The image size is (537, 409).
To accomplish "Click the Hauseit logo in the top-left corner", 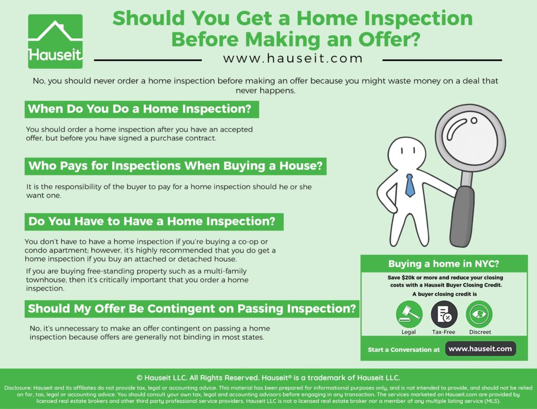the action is [x=55, y=41].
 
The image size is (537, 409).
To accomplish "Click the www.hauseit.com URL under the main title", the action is [x=293, y=58].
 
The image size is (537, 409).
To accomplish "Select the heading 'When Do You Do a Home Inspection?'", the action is [x=139, y=109].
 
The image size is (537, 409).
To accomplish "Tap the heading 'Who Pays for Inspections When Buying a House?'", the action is [x=175, y=166].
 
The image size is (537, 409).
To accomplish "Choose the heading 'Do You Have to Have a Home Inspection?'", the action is [x=152, y=222].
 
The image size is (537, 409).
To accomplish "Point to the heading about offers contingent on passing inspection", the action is [x=192, y=309].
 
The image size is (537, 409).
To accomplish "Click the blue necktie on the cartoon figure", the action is [x=410, y=185].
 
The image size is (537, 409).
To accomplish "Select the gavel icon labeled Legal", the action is [x=409, y=313].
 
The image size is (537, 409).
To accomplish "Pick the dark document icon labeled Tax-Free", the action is [x=444, y=313].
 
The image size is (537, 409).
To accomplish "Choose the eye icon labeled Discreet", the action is [x=479, y=313].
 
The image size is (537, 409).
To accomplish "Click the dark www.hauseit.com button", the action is [x=480, y=349].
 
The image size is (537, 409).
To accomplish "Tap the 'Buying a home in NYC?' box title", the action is [x=444, y=264].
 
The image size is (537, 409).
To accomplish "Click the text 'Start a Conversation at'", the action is [x=404, y=350].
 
